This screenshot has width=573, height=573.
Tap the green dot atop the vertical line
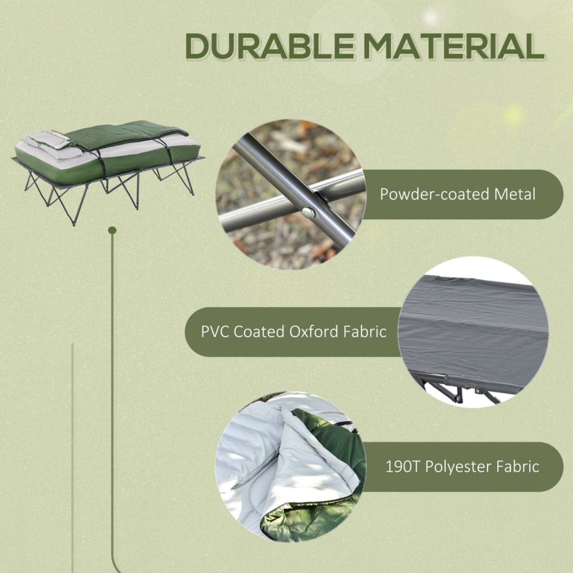pos(112,231)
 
